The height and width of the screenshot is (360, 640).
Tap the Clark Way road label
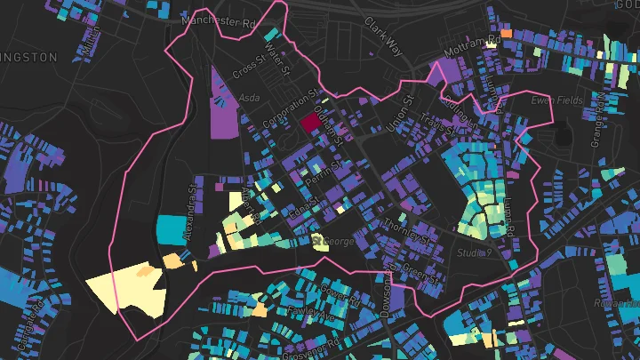[x=384, y=33]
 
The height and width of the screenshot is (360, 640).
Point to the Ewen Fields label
[x=556, y=100]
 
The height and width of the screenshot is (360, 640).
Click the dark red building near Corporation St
[x=310, y=123]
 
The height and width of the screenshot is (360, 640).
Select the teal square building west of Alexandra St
[x=168, y=228]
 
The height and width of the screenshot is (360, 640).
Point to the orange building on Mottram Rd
[x=507, y=33]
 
